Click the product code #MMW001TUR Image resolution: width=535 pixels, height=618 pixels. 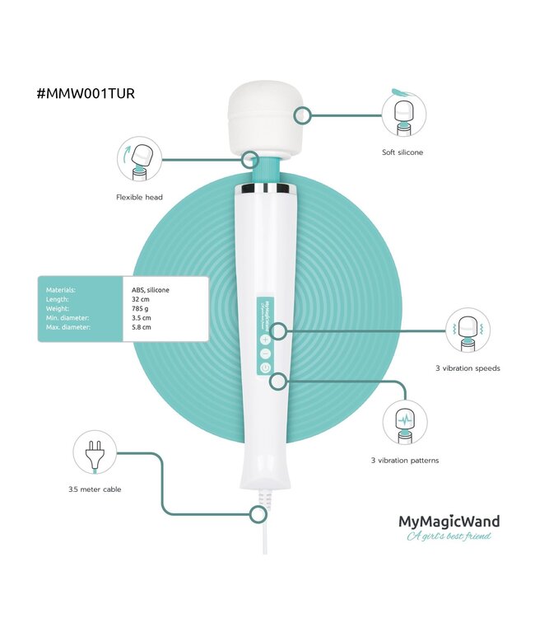86,93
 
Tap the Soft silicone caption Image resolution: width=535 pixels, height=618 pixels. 403,152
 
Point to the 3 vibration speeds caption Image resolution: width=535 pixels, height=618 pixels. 468,368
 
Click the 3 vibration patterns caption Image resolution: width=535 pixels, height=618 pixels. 404,460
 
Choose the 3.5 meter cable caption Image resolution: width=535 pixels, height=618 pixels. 95,489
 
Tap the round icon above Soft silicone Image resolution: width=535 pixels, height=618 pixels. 404,114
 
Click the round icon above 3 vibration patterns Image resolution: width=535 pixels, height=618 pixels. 404,422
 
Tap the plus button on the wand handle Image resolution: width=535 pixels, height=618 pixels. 265,338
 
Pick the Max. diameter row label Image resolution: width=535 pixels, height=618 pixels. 64,327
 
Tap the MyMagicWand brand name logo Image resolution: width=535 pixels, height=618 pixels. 449,521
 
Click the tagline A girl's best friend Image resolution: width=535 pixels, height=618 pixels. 449,537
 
